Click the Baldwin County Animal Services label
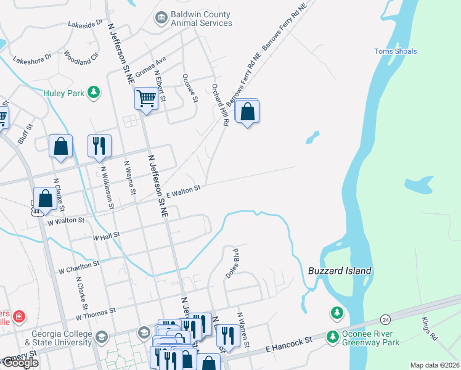coord(202,18)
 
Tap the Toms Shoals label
coord(396,51)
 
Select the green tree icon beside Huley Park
coord(93,92)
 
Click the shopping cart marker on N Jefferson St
coord(146,98)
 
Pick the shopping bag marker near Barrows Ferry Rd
coord(247,112)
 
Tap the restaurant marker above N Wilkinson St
coord(100,147)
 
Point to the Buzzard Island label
coord(340,271)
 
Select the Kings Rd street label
coord(430,329)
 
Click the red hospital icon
coord(19,316)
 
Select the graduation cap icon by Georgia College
coord(144,332)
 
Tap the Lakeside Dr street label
coord(87,24)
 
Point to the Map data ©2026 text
coord(434,365)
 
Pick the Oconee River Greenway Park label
coord(370,339)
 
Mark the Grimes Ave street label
coord(152,67)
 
